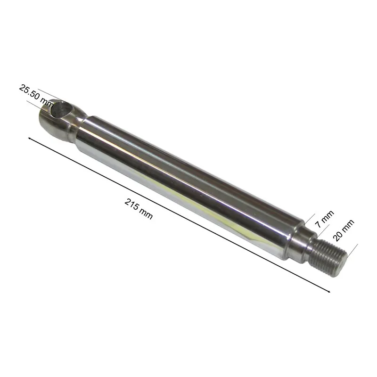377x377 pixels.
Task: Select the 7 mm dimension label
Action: [325, 219]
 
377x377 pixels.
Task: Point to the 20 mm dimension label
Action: [344, 230]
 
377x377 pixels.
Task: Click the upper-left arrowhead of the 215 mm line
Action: [30, 139]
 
